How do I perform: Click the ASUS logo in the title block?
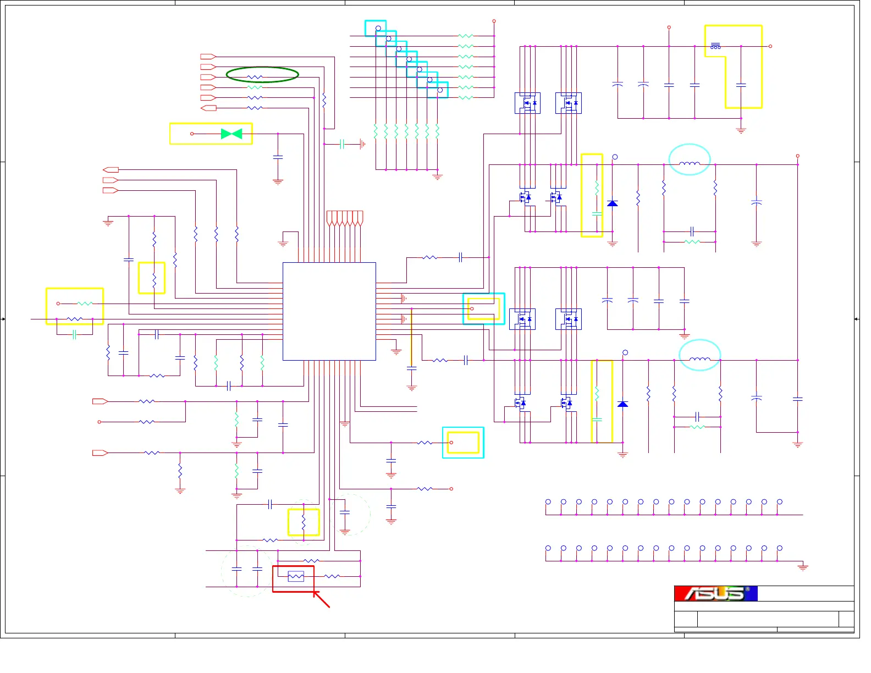pos(715,593)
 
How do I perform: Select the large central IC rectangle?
pos(329,311)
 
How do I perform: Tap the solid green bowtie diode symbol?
pos(231,134)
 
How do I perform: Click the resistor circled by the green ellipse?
pos(255,77)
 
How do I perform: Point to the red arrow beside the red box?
pos(322,600)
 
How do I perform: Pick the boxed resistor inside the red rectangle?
pos(296,576)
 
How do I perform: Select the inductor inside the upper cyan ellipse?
pos(690,163)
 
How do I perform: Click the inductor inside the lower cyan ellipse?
pos(699,359)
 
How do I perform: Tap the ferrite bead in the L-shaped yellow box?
pos(715,46)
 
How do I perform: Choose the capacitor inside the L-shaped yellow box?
pos(741,85)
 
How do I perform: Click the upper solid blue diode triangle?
pos(613,203)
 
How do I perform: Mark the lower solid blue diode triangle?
pos(622,404)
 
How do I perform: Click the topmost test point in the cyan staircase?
pos(378,28)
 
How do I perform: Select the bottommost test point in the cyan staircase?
pos(440,90)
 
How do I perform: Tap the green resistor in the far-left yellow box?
pos(85,304)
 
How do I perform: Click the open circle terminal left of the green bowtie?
pos(192,134)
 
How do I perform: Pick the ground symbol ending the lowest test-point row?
pos(803,567)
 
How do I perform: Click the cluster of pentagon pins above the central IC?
pos(345,218)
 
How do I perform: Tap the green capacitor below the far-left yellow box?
pos(74,334)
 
